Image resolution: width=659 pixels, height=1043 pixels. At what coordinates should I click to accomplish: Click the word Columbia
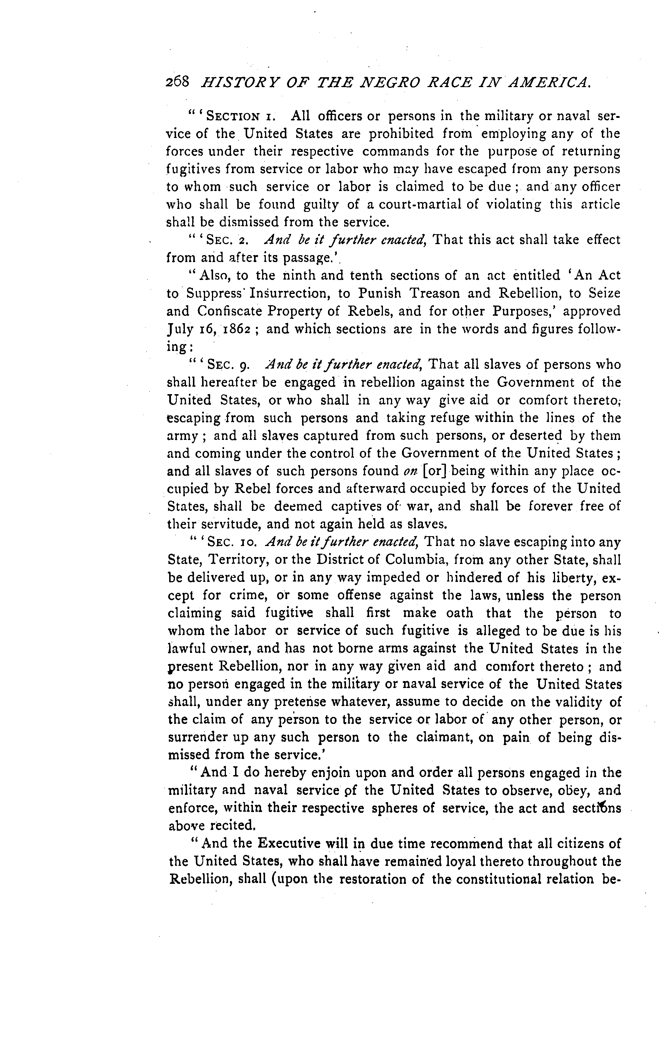click(405, 560)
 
